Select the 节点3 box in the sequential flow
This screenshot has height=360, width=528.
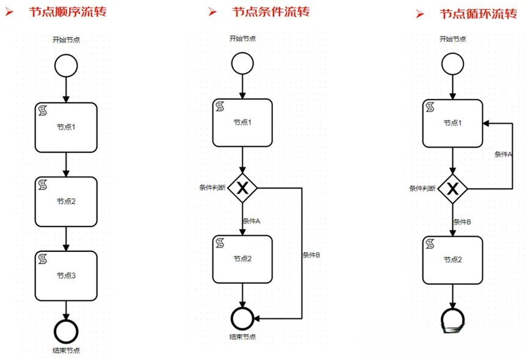66,276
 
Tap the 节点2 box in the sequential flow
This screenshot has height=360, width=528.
66,201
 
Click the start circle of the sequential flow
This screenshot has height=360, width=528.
65,65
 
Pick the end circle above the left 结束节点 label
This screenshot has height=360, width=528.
65,331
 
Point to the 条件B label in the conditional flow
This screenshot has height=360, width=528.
311,255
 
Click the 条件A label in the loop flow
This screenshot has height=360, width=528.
503,154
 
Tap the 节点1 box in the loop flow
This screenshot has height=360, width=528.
452,123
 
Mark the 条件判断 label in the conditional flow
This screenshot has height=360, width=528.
212,187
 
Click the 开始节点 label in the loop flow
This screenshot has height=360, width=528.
452,40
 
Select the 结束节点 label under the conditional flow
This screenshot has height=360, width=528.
242,337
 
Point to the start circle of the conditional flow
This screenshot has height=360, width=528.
243,63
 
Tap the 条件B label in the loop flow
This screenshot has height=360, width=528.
462,222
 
